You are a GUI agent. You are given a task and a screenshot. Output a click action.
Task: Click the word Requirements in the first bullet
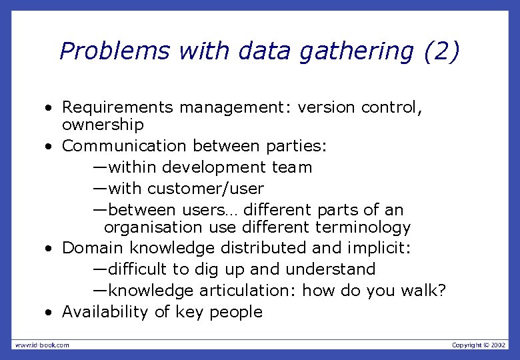click(117, 107)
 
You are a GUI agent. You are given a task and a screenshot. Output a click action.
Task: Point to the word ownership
click(103, 125)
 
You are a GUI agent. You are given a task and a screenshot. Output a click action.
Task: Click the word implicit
click(379, 249)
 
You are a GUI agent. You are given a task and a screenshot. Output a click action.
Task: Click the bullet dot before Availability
click(49, 313)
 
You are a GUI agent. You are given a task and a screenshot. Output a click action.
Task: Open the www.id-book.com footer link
click(42, 345)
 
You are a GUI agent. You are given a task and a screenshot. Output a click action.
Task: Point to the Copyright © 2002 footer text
click(479, 345)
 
